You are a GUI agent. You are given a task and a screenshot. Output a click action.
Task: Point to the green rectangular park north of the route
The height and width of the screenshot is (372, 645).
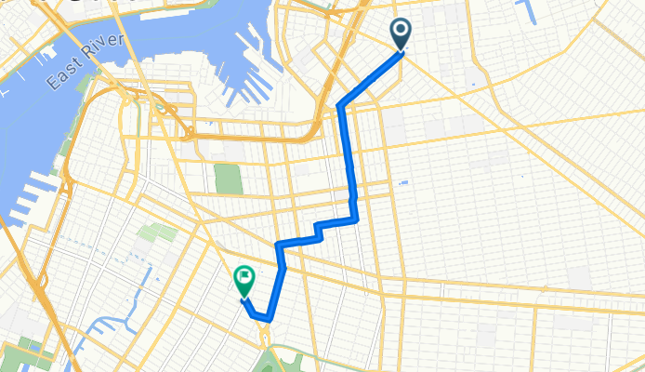point(226,178)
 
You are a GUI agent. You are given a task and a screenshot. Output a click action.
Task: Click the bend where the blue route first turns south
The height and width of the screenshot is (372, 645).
point(341,105)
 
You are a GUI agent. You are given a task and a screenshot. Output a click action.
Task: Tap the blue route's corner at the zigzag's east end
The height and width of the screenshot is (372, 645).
point(356,219)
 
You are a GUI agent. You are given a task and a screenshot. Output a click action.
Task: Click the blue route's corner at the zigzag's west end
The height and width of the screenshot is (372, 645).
point(278,244)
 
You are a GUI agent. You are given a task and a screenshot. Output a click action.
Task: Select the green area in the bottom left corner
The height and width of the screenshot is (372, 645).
point(19,357)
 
